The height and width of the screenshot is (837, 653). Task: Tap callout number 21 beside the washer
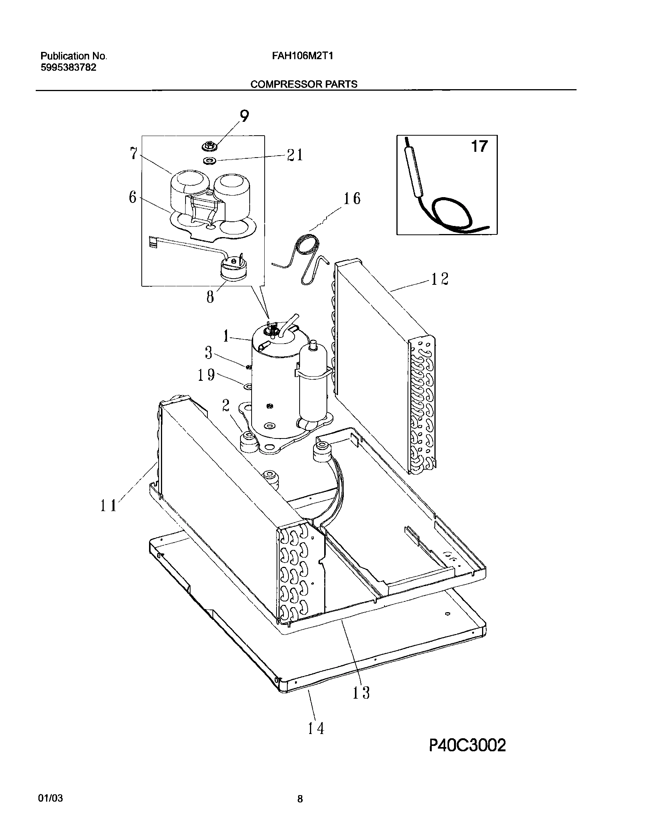click(x=295, y=155)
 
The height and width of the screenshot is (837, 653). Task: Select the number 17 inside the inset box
click(x=479, y=146)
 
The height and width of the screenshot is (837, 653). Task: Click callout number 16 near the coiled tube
click(x=351, y=199)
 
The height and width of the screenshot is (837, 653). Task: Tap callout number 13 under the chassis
click(x=361, y=693)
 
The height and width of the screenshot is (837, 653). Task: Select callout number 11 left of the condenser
click(x=108, y=506)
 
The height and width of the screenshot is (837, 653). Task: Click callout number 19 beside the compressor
click(x=206, y=375)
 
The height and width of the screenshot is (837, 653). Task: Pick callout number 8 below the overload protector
click(x=210, y=297)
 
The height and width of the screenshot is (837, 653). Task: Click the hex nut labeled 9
click(x=209, y=146)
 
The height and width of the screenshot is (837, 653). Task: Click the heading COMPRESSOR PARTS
click(x=303, y=84)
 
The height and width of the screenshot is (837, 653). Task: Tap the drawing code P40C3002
click(x=467, y=756)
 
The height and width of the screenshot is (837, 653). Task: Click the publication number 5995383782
click(x=68, y=68)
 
